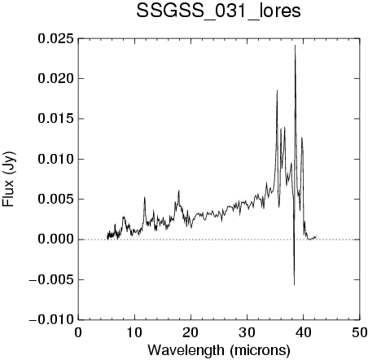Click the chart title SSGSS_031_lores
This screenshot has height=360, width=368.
pos(218,11)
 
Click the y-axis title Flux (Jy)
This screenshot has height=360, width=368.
pos(9,179)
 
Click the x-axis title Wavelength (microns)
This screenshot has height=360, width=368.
pos(219,351)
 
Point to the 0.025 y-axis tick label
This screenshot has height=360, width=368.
pos(55,38)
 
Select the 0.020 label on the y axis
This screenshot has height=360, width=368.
pos(55,79)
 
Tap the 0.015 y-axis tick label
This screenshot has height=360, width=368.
pos(55,119)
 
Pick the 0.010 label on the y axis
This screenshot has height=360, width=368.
pos(55,159)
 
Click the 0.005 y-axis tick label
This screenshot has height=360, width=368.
pos(55,200)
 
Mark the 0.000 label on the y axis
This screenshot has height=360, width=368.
pos(55,239)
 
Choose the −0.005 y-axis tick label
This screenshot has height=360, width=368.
pos(51,279)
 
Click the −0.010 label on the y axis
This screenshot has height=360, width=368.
pos(51,320)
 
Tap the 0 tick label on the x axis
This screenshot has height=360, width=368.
pos(78,332)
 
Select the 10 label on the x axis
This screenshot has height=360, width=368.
pos(134,332)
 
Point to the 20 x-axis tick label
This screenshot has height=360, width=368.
pos(191,332)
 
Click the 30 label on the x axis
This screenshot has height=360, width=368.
pos(248,332)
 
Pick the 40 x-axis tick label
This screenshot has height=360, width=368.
pos(304,332)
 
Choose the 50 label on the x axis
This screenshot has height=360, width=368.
pos(359,332)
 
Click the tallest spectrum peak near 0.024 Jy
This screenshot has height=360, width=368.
pos(295,46)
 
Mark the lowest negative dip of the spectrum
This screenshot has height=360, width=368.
pos(294,285)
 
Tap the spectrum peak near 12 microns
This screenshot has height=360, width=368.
pos(145,197)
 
